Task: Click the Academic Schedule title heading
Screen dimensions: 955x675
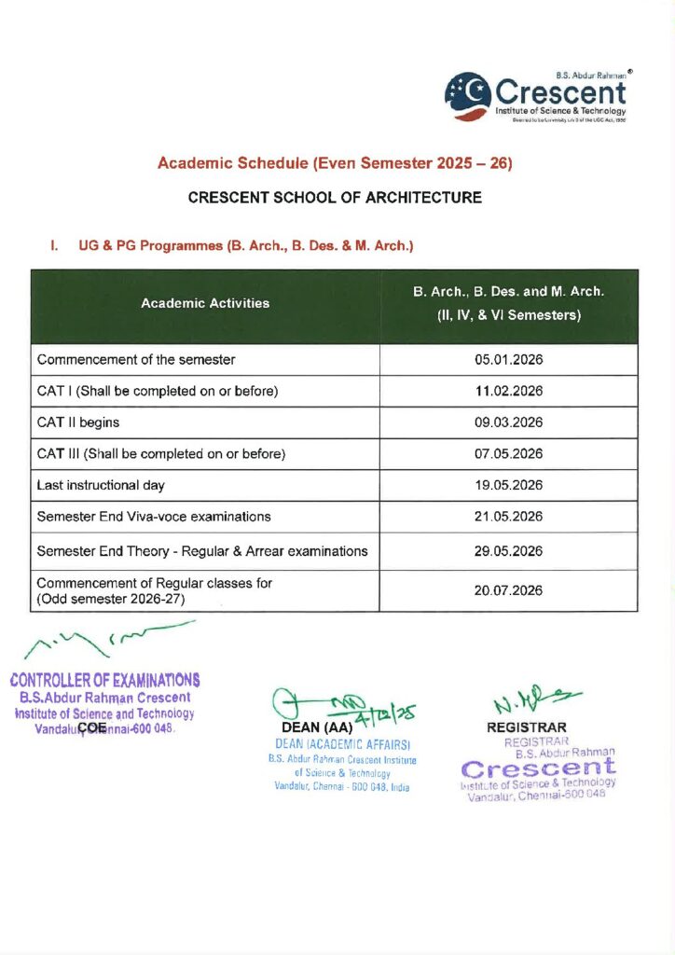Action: click(x=336, y=163)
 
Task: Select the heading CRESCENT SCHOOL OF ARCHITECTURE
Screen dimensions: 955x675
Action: click(x=335, y=198)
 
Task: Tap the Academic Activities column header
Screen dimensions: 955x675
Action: click(x=205, y=303)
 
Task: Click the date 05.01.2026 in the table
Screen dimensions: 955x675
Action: click(x=508, y=360)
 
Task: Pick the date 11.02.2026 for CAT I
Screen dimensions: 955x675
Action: click(x=508, y=391)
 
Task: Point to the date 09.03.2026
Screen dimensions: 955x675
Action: click(x=508, y=422)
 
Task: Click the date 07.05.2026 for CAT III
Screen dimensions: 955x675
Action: click(x=508, y=454)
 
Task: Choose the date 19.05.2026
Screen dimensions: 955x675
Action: click(x=508, y=485)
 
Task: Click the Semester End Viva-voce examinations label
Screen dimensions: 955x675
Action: click(x=154, y=517)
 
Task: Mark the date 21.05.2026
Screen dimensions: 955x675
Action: click(x=508, y=517)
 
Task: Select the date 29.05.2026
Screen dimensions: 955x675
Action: click(x=508, y=551)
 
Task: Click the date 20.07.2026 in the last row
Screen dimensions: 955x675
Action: click(x=508, y=591)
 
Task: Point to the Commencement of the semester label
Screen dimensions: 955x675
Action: click(x=136, y=360)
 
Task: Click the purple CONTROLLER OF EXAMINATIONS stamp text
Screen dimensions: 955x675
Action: click(x=104, y=681)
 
